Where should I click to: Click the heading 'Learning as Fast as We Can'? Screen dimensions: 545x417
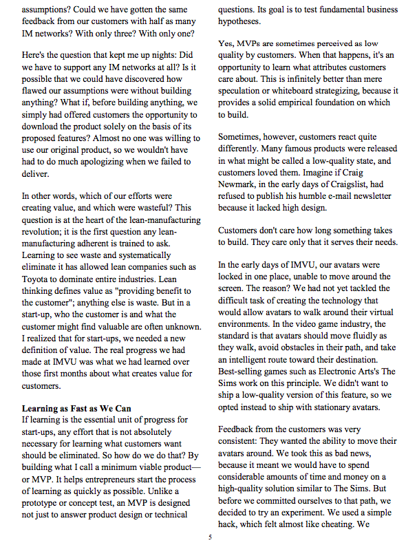point(76,408)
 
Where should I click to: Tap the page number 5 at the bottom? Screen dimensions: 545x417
point(209,537)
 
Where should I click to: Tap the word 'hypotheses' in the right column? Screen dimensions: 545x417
point(244,23)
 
